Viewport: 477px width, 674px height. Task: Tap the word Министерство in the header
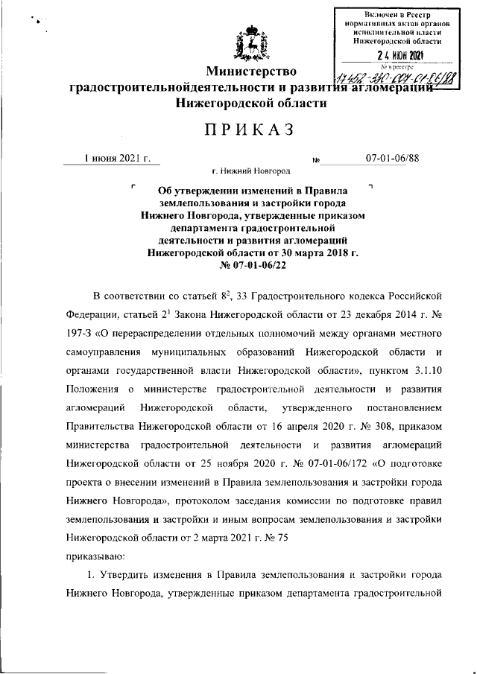(x=251, y=71)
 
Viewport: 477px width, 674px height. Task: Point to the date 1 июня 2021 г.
(x=117, y=158)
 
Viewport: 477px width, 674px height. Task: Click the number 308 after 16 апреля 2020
(x=369, y=427)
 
